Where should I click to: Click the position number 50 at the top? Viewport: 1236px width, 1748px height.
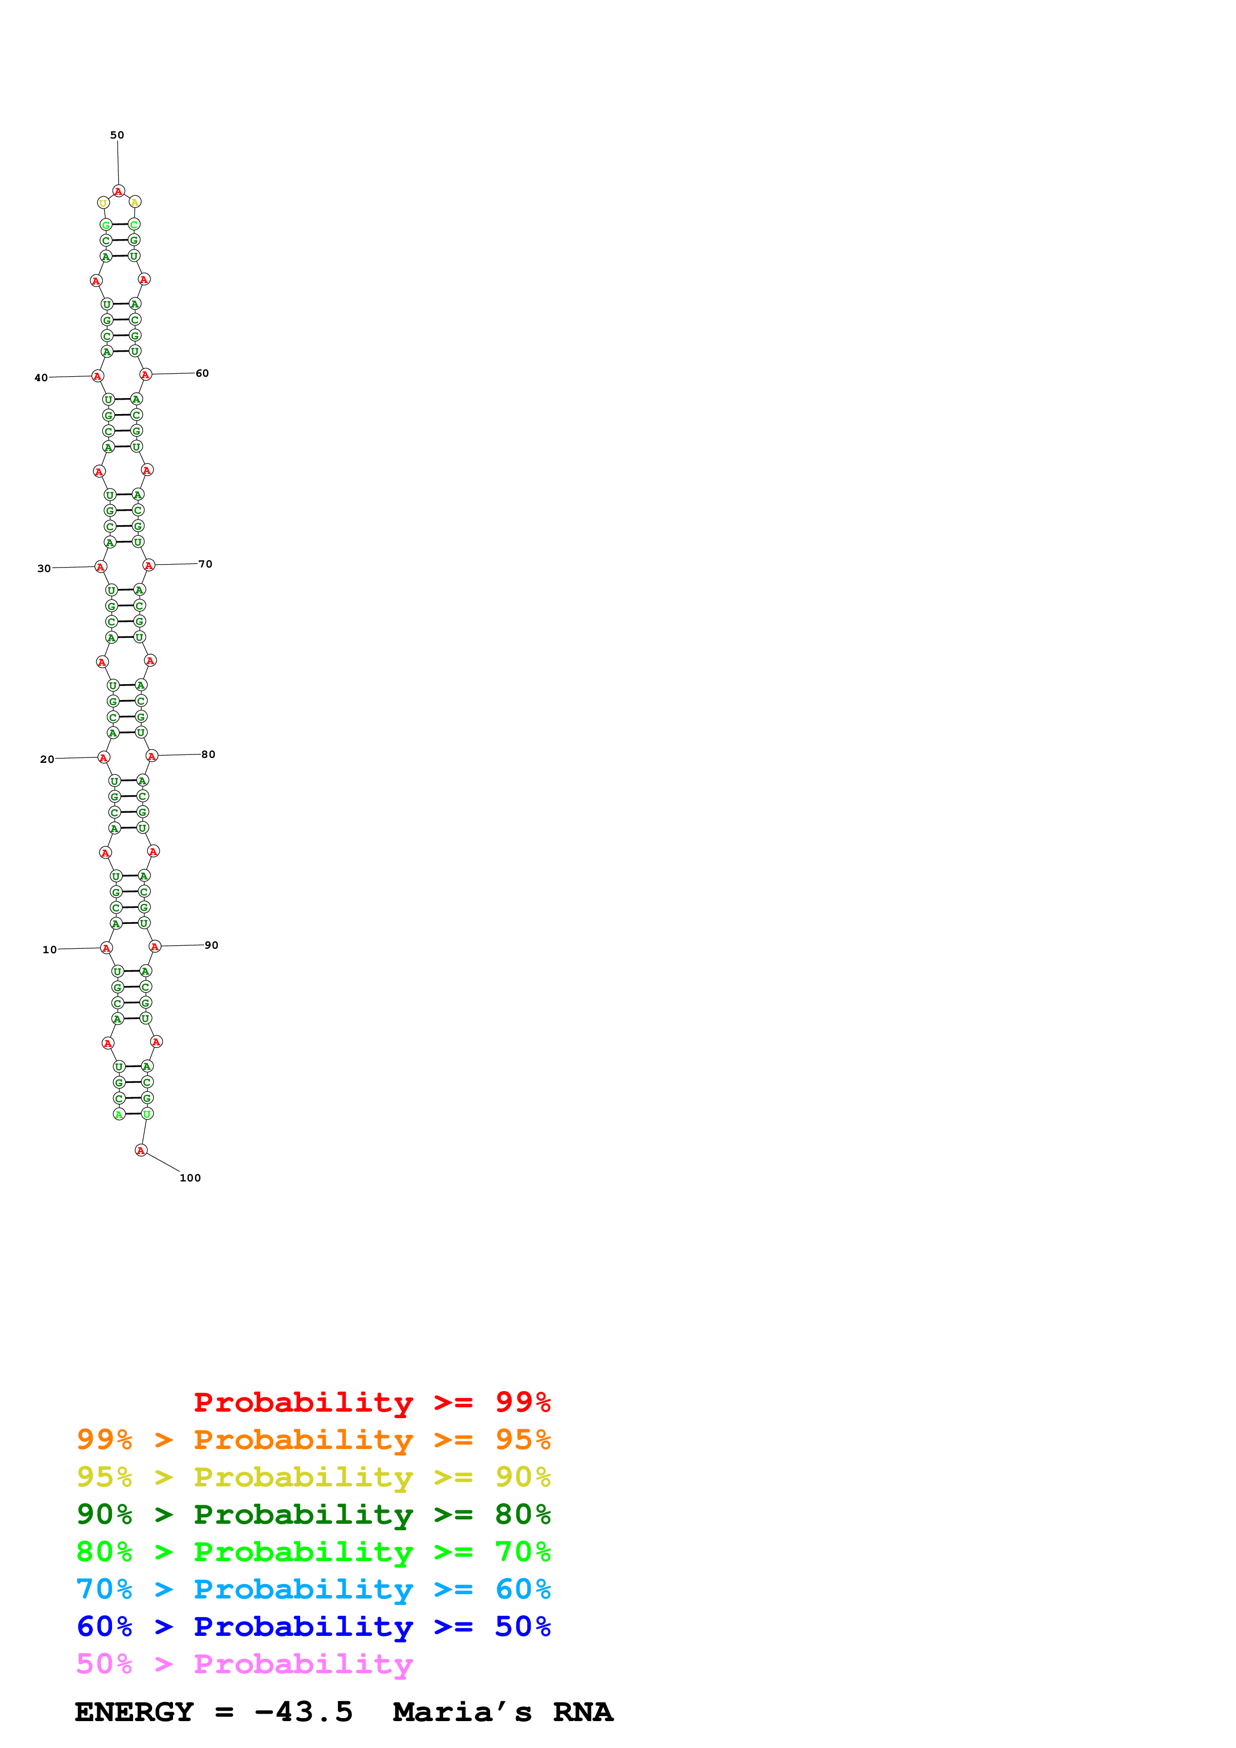click(x=117, y=135)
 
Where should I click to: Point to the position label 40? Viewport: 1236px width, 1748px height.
click(x=41, y=378)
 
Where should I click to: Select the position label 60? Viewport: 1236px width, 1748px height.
click(x=202, y=373)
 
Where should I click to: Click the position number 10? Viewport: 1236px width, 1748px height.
click(x=49, y=949)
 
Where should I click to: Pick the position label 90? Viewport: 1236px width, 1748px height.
click(x=211, y=945)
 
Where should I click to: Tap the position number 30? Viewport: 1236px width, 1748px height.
click(x=44, y=568)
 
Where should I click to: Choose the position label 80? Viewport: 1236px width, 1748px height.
click(x=208, y=754)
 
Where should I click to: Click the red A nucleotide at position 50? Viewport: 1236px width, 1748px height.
click(x=118, y=191)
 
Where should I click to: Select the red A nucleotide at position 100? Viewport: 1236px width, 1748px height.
click(x=141, y=1151)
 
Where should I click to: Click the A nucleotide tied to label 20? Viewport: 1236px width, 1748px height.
click(x=104, y=757)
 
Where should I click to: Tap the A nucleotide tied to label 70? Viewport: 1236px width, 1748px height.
click(x=149, y=565)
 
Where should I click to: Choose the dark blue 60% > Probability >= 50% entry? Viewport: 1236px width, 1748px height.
click(x=313, y=1626)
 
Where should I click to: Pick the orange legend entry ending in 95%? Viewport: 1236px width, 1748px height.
click(x=313, y=1439)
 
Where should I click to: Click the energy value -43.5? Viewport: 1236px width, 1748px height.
click(x=303, y=1712)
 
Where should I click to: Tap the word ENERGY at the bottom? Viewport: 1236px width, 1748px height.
click(x=134, y=1712)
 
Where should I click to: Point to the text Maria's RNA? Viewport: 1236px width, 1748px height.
click(x=503, y=1712)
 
